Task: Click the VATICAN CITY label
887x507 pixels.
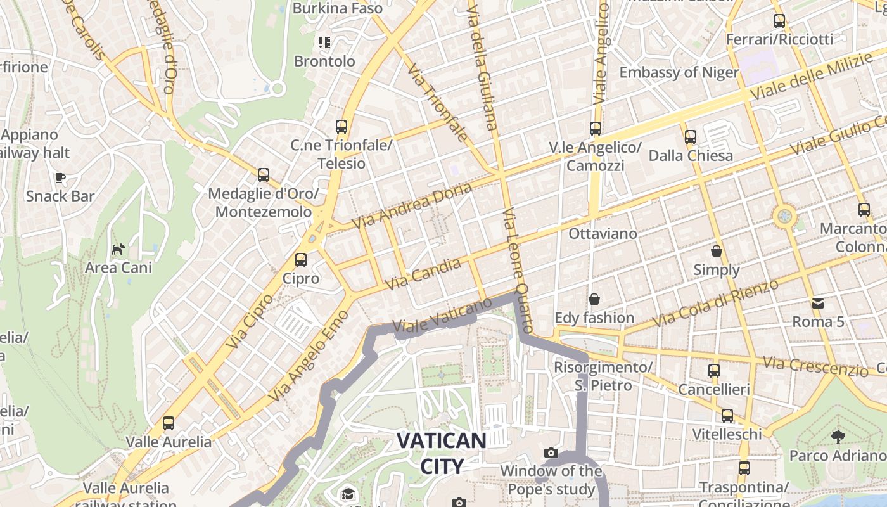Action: point(442,453)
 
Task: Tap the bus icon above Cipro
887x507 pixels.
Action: point(301,260)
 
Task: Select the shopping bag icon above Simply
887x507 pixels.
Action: point(717,252)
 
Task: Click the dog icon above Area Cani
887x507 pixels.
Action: point(118,249)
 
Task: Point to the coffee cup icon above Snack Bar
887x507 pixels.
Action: point(60,177)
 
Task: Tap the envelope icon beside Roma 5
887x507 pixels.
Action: point(818,304)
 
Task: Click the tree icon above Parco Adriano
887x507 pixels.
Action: point(838,437)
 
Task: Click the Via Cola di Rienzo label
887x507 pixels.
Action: point(715,303)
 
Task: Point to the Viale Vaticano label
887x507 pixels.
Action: point(433,317)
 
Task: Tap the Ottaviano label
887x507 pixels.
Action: point(603,233)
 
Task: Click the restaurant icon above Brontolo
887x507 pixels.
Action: point(324,42)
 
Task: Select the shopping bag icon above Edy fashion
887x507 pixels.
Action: point(594,299)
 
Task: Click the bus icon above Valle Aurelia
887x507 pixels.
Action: point(169,423)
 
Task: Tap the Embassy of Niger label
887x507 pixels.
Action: point(679,72)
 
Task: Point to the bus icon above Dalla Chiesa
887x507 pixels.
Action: point(691,137)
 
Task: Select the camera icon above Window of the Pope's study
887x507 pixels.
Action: point(551,452)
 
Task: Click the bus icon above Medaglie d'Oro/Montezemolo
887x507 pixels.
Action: point(264,175)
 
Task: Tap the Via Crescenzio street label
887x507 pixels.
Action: point(815,366)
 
